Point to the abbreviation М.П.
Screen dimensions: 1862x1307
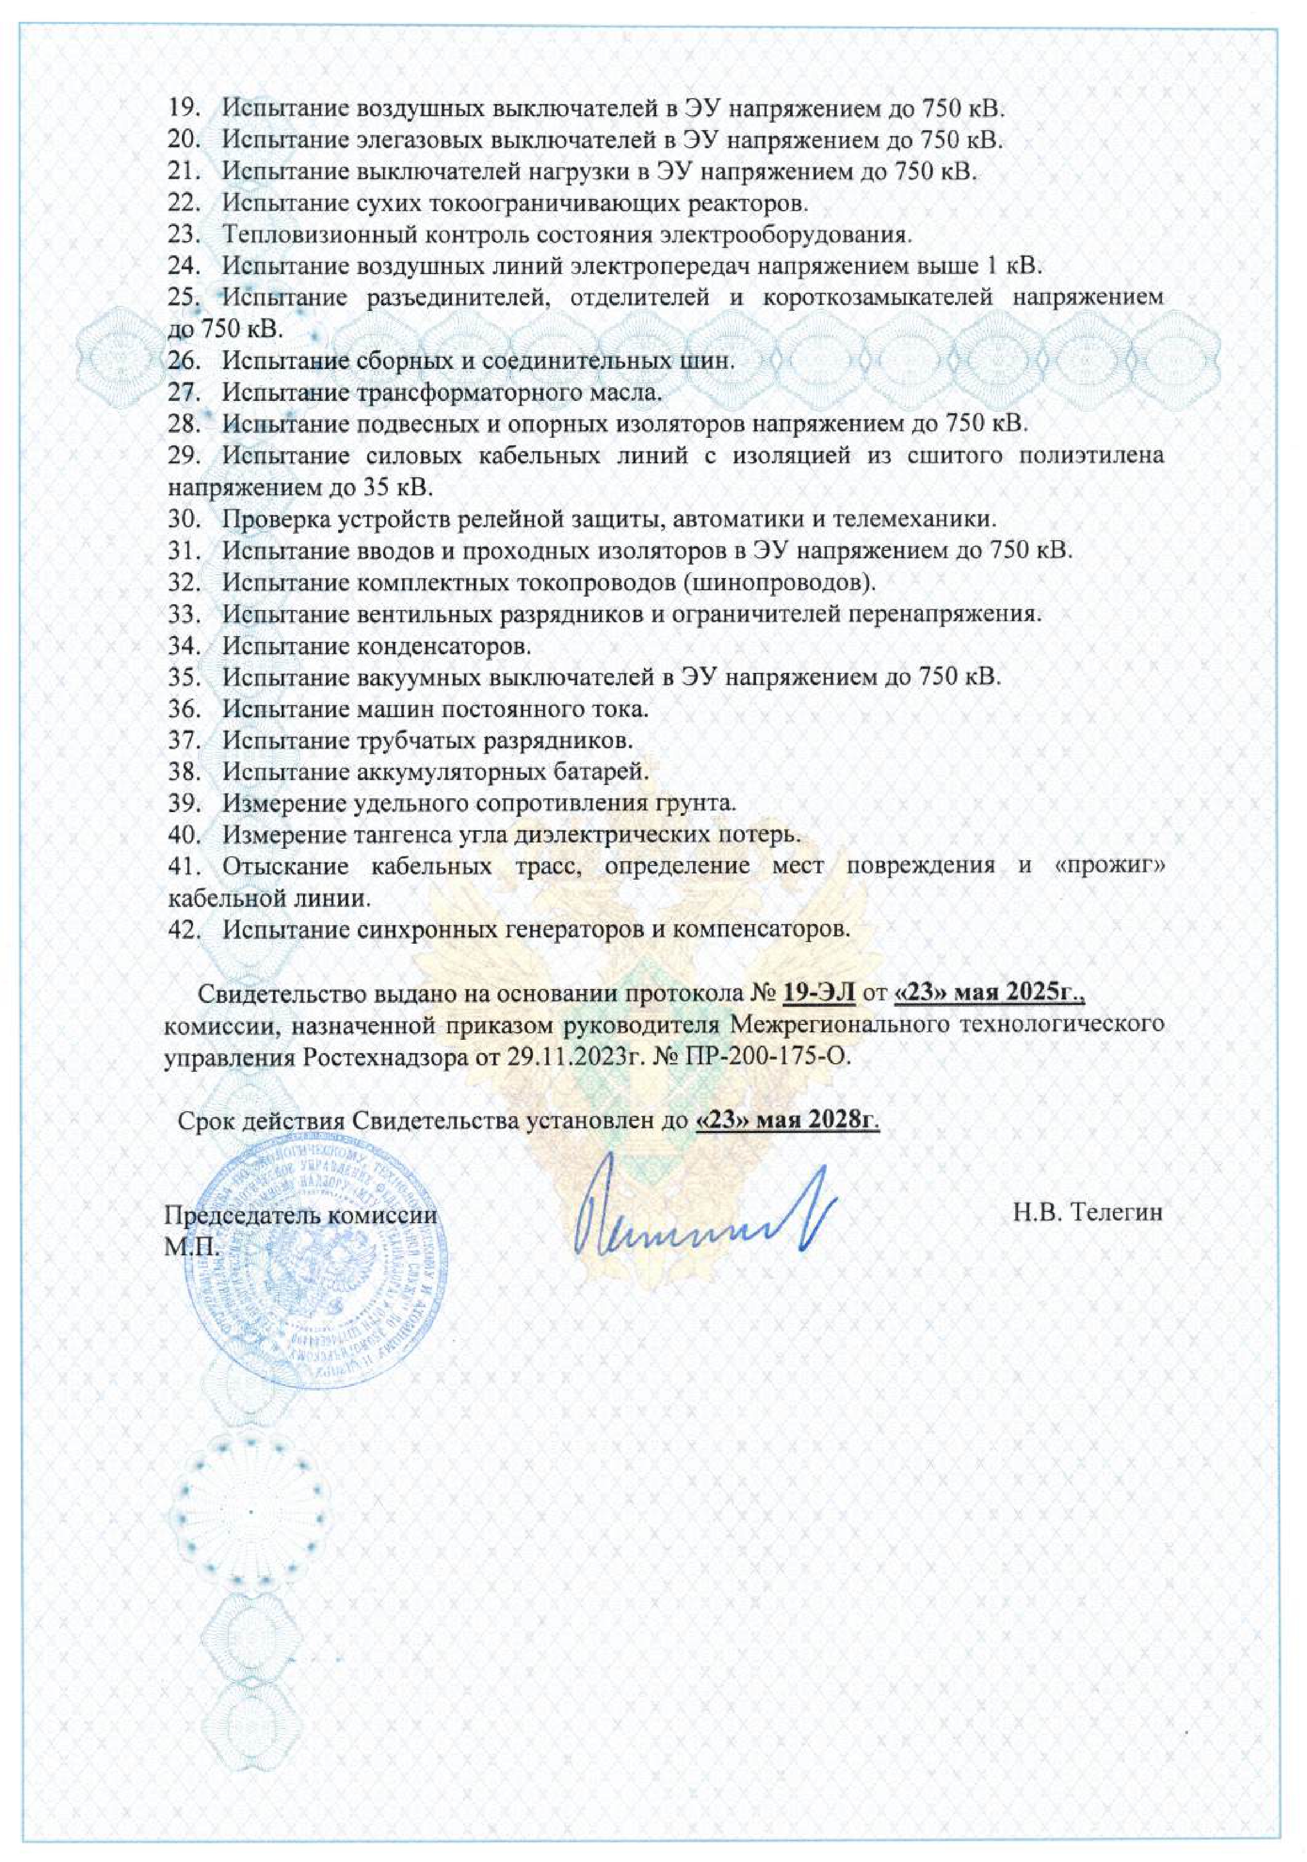pos(192,1245)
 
